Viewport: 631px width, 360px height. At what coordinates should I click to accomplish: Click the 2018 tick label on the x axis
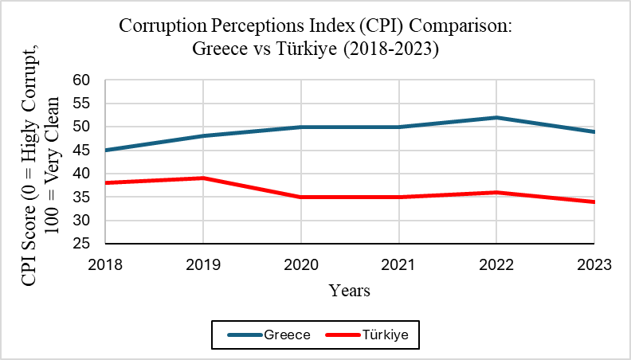(x=105, y=263)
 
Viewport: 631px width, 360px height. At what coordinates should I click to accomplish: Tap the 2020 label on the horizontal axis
(x=300, y=263)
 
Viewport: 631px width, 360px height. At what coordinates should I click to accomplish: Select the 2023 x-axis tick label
(x=594, y=263)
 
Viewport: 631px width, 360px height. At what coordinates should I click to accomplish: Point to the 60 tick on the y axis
(x=82, y=80)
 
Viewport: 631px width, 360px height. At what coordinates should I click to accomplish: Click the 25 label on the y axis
(x=82, y=244)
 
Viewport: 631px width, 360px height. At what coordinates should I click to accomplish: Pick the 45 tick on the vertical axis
(x=82, y=150)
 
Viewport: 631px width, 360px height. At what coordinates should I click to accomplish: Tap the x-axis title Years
(x=350, y=291)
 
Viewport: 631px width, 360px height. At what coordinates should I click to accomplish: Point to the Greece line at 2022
(x=496, y=118)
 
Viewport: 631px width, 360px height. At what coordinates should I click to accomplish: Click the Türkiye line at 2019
(x=203, y=178)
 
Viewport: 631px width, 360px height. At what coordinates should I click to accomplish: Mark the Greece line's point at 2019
(x=203, y=136)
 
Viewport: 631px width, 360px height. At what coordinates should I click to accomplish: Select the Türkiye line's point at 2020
(x=300, y=197)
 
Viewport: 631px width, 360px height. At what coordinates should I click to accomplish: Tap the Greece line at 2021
(x=398, y=127)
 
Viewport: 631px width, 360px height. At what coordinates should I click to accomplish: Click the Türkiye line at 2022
(x=496, y=192)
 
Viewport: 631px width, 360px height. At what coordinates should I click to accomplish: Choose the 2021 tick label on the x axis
(x=398, y=263)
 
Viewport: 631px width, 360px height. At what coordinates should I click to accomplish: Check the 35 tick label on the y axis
(x=82, y=197)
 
